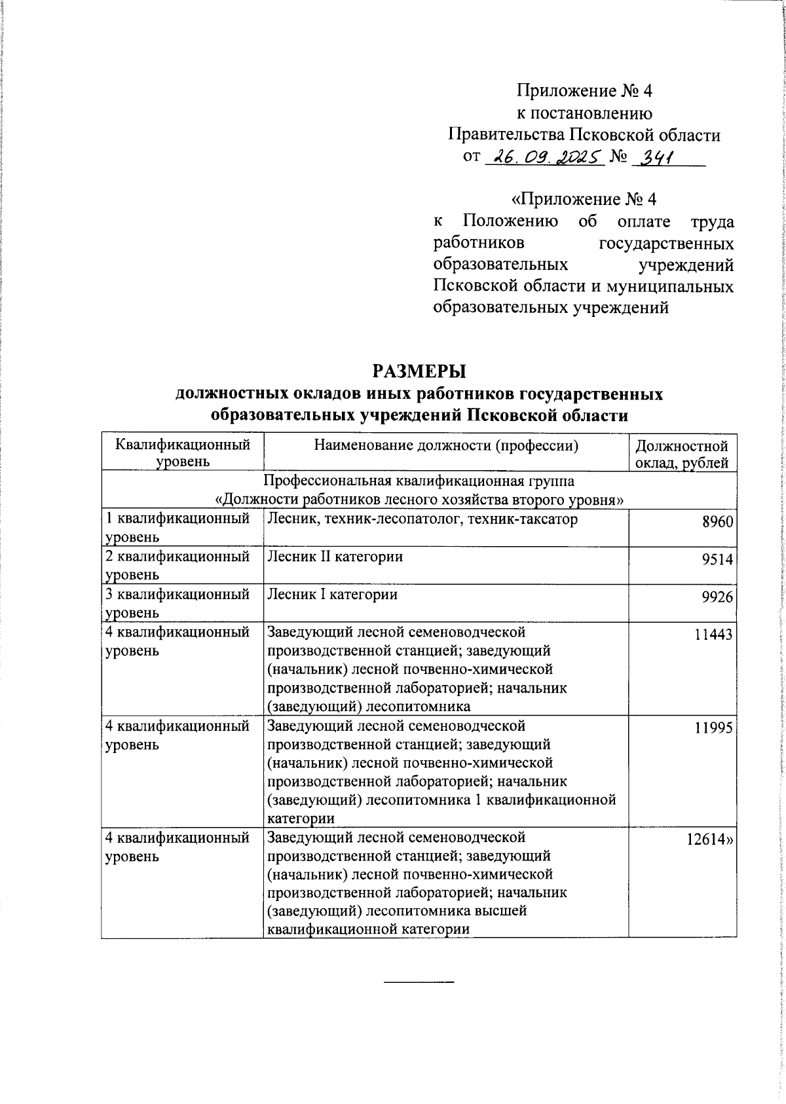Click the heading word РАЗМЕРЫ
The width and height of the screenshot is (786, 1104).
pos(419,371)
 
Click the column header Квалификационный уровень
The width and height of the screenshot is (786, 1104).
pos(182,453)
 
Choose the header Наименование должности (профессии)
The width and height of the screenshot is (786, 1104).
pos(446,447)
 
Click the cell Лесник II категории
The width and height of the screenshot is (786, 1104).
pos(335,557)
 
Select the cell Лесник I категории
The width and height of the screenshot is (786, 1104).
pos(332,595)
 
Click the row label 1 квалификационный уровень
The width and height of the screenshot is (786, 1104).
pos(178,528)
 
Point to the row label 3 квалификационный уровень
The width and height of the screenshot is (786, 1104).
pos(178,603)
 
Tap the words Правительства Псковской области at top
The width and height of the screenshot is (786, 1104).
pos(584,135)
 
